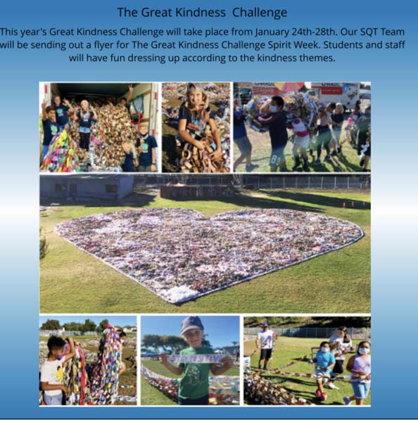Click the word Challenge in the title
[x=260, y=13]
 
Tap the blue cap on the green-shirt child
[x=192, y=325]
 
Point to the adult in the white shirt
[x=266, y=345]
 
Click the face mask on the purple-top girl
[x=364, y=351]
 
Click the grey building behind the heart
[x=86, y=188]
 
